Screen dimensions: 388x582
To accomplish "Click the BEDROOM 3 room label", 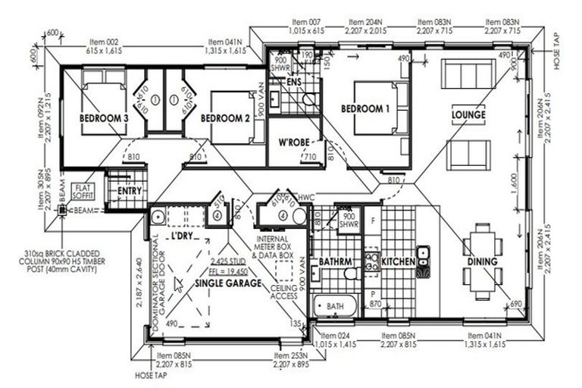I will tap(103, 119).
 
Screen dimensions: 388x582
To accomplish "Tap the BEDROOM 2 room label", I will tap(225, 119).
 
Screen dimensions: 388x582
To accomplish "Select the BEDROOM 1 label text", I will tap(365, 109).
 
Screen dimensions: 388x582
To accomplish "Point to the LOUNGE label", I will tap(468, 115).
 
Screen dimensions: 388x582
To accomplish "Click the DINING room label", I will tap(482, 261).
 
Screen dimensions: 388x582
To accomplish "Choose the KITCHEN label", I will tap(398, 261).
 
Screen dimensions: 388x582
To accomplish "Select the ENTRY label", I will tap(130, 191).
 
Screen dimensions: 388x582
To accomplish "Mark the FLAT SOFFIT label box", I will tap(83, 190).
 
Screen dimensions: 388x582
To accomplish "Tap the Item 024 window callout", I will tap(335, 339).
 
